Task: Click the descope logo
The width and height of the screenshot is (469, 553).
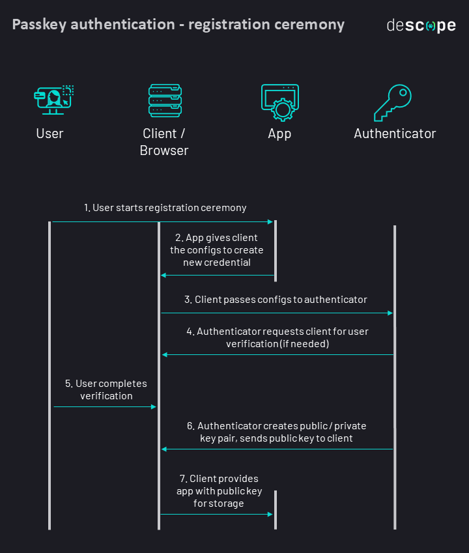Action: [421, 26]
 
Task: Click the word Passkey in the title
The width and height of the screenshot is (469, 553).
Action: [39, 25]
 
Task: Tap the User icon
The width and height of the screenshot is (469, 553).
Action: [53, 100]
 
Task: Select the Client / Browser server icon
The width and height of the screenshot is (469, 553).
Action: [165, 100]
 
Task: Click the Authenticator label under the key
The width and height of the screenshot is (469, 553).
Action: [395, 134]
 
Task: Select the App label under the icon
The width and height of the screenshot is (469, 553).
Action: [279, 134]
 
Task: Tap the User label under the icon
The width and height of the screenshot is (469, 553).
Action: [50, 134]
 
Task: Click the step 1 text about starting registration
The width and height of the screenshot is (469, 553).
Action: [165, 208]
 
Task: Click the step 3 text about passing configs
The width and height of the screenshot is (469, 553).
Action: [276, 300]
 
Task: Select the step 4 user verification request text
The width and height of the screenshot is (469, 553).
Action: [277, 337]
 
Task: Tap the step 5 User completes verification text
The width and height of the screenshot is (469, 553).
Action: [106, 390]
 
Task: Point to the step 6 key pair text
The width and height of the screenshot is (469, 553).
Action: [276, 432]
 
